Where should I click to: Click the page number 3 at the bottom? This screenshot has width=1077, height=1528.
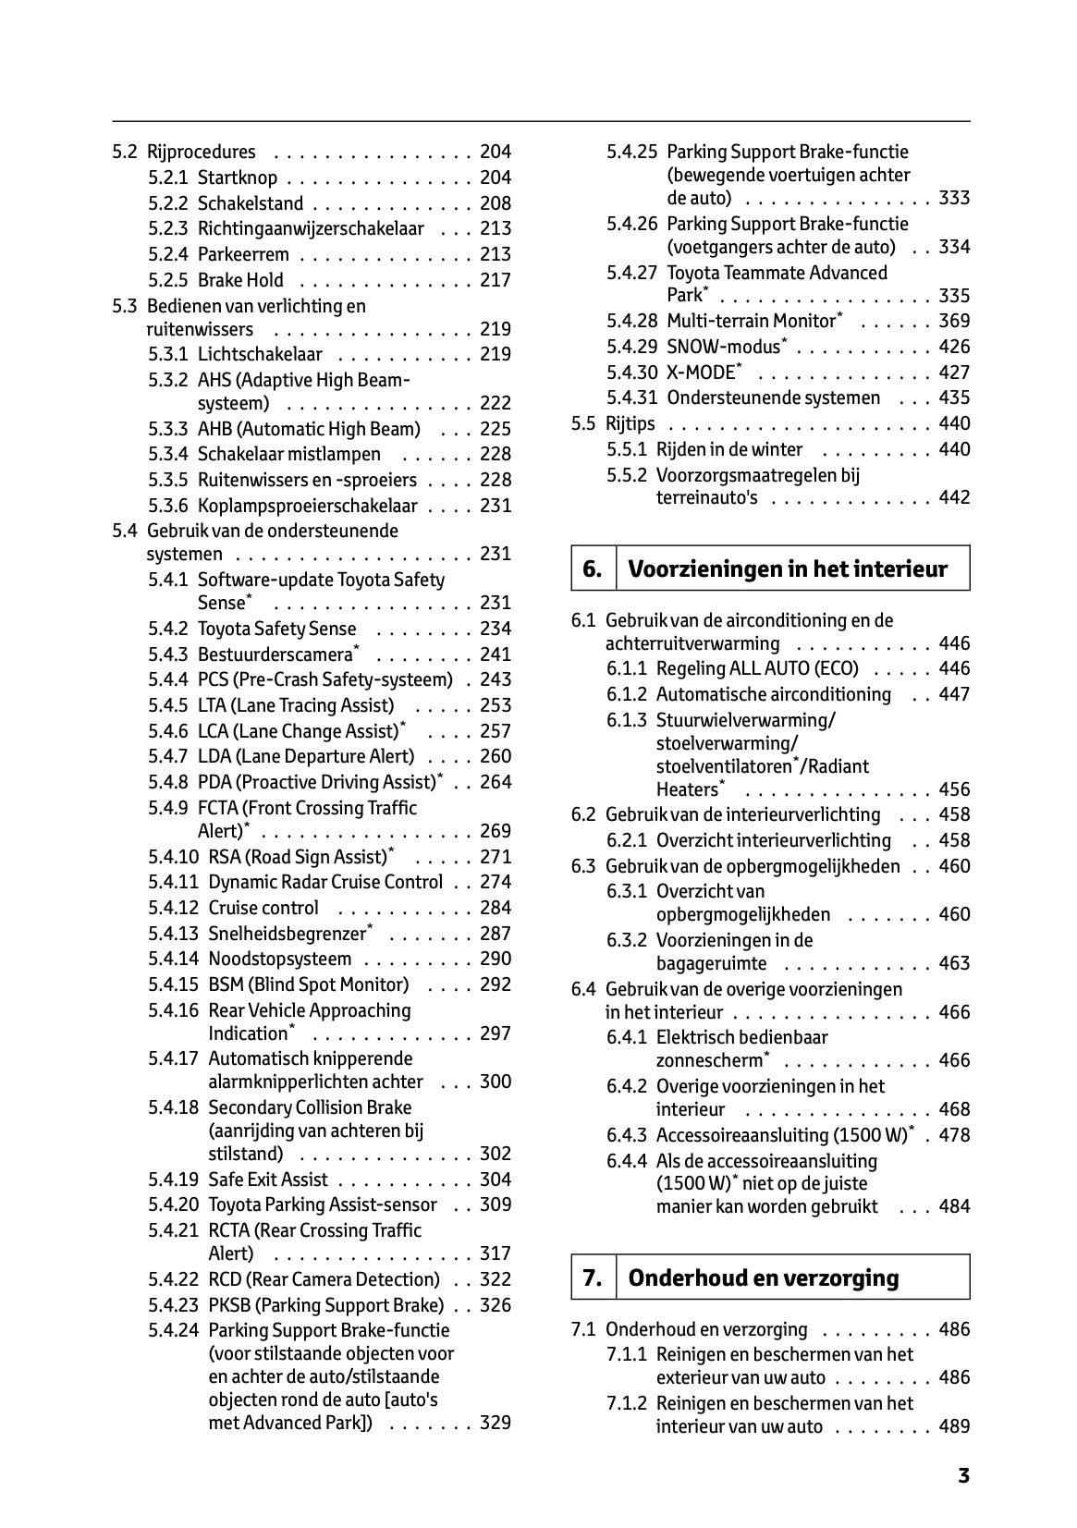962,1476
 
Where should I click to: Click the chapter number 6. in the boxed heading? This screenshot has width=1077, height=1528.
592,568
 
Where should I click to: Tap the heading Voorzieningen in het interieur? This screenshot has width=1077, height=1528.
788,568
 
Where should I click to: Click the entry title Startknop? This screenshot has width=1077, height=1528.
237,177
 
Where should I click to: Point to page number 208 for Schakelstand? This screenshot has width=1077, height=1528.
495,203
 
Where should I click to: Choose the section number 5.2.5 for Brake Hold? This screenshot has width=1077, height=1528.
167,280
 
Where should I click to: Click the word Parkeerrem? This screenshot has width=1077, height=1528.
243,254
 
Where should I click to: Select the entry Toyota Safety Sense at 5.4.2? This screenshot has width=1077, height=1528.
276,629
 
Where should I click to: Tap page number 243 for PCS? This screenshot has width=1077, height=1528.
495,679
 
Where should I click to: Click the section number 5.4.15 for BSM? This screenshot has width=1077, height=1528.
173,984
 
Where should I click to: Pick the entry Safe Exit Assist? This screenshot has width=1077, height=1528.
267,1180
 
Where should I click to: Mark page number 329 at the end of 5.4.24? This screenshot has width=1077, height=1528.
495,1423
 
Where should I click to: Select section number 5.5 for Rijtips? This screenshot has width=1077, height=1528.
583,423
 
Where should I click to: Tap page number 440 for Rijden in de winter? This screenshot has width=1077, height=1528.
954,449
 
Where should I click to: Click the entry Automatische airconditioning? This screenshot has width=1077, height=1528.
773,694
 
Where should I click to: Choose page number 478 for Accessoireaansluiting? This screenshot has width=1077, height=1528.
954,1135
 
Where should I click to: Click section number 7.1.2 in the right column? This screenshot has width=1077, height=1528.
627,1403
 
